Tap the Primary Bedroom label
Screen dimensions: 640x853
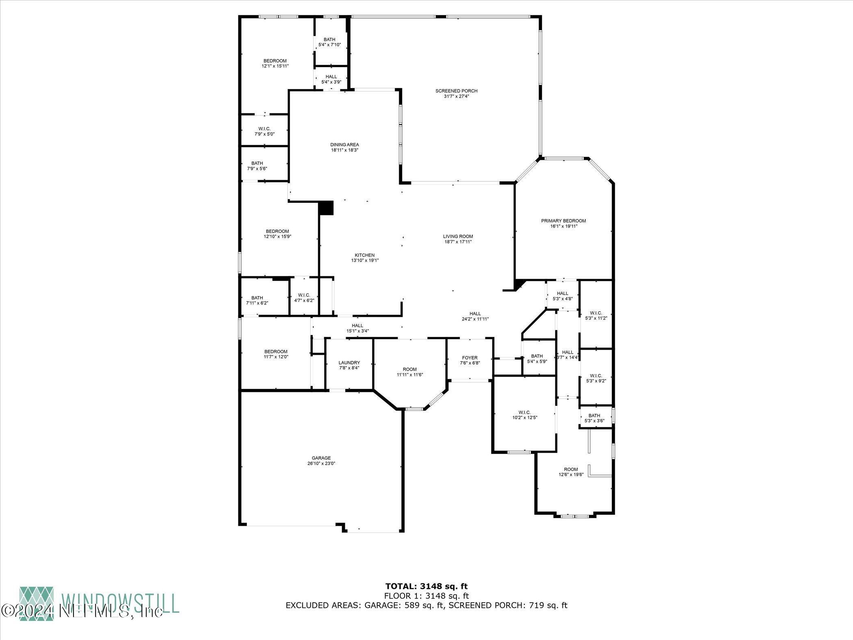pyautogui.click(x=563, y=221)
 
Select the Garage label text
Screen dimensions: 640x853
pyautogui.click(x=321, y=458)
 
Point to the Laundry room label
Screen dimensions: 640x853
pyautogui.click(x=349, y=363)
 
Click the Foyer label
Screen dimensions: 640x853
pyautogui.click(x=470, y=358)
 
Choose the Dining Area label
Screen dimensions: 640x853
pyautogui.click(x=344, y=145)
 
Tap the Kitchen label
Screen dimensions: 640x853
pyautogui.click(x=365, y=255)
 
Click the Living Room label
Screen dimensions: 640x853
pyautogui.click(x=458, y=236)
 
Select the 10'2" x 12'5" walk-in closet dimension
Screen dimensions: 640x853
pyautogui.click(x=524, y=417)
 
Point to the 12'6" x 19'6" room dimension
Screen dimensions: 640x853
pyautogui.click(x=571, y=474)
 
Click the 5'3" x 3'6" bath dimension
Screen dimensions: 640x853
pyautogui.click(x=594, y=421)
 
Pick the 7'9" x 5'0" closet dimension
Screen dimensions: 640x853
pyautogui.click(x=264, y=134)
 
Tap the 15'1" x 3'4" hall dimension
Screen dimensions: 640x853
pyautogui.click(x=357, y=331)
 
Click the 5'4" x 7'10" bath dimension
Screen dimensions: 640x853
pyautogui.click(x=329, y=45)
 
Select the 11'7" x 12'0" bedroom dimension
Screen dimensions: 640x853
pyautogui.click(x=276, y=357)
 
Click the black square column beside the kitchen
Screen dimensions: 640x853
pyautogui.click(x=326, y=208)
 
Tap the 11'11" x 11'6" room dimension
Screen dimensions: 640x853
pyautogui.click(x=410, y=375)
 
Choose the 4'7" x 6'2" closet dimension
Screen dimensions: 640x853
pyautogui.click(x=304, y=300)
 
